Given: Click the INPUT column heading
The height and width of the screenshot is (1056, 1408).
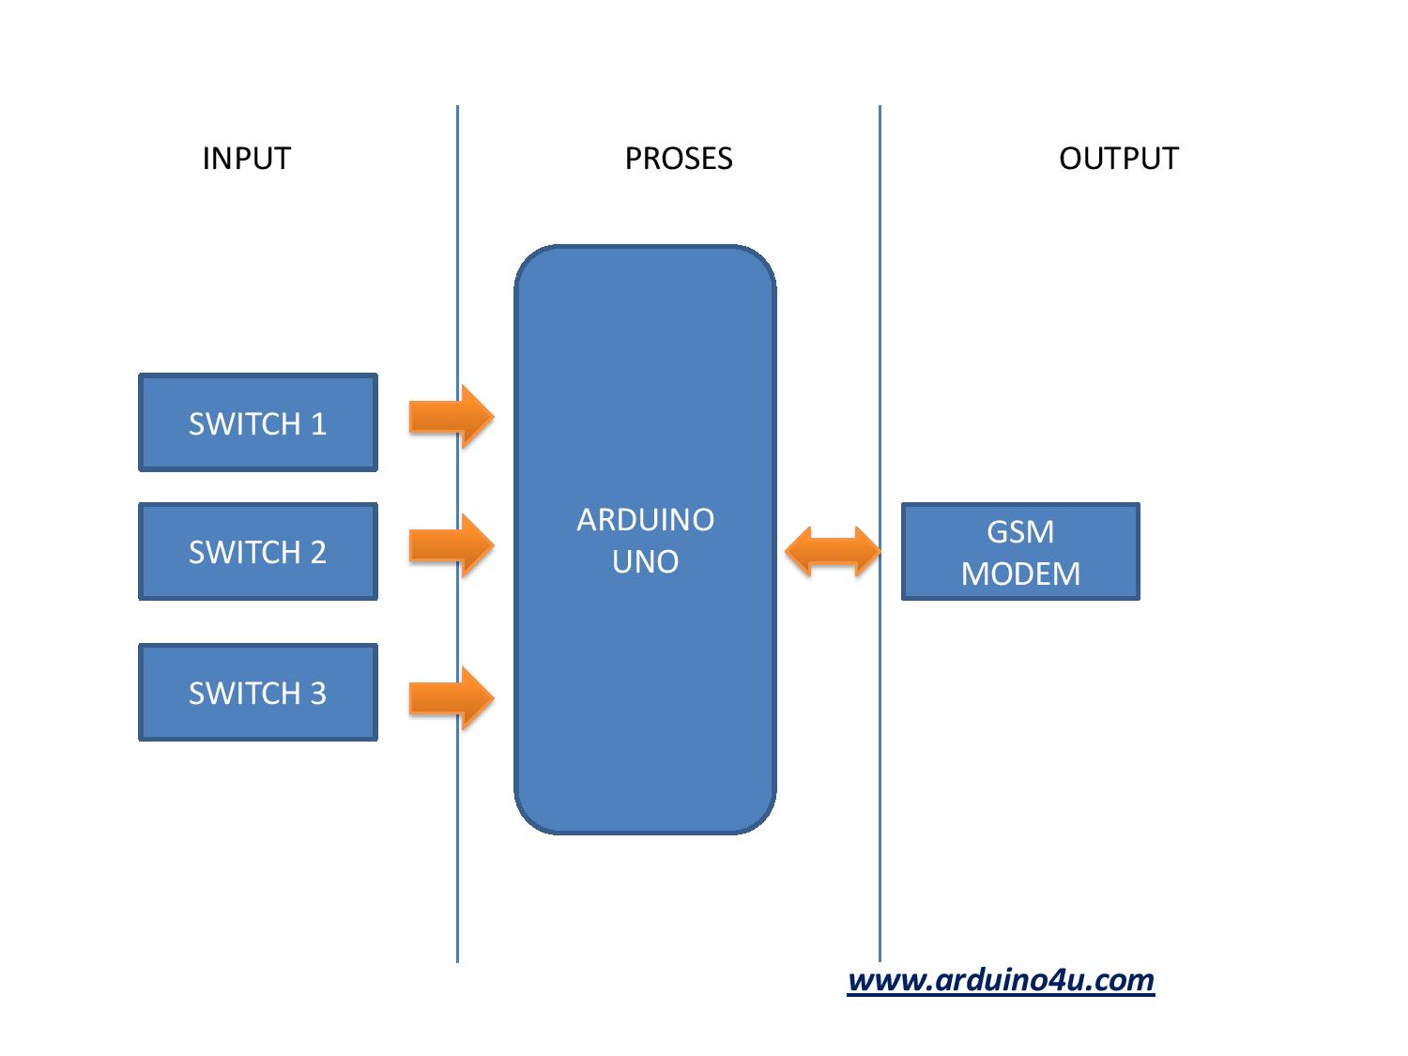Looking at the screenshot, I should tap(246, 159).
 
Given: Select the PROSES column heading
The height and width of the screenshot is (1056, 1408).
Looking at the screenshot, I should tap(678, 159).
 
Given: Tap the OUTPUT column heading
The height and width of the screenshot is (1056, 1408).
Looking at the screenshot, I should tap(1118, 159).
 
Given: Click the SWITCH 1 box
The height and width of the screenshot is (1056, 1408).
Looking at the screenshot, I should tap(257, 422).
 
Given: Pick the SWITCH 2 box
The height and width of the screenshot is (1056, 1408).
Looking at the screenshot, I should tap(257, 551).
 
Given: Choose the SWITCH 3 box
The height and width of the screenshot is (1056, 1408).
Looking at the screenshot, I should tap(257, 693).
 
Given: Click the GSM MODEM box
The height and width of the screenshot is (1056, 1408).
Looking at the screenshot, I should tap(1020, 552).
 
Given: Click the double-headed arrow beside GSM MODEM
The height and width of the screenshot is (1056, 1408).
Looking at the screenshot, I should tap(832, 551).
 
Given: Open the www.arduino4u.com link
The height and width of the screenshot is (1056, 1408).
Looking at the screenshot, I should tap(1001, 980).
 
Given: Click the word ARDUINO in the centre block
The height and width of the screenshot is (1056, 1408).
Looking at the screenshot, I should tap(645, 519).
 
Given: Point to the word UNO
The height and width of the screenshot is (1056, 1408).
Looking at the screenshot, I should tap(645, 561).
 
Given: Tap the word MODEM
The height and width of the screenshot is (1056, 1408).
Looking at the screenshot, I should tap(1020, 574).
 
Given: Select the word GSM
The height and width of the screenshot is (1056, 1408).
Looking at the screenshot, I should tap(1020, 532).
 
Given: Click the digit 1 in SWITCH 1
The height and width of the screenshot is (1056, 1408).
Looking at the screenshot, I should tap(318, 424).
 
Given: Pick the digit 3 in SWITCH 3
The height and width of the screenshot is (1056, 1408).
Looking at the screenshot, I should tap(317, 694).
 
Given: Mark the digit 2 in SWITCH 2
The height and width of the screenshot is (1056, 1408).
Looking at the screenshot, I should tap(317, 552).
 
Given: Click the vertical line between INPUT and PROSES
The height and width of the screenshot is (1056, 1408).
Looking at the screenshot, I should tap(457, 282).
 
